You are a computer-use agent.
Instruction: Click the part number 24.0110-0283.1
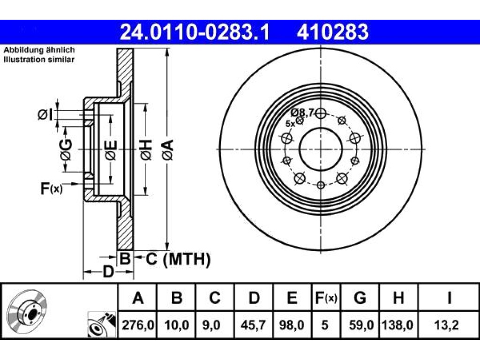tap(195, 32)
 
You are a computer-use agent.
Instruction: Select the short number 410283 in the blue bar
tap(332, 32)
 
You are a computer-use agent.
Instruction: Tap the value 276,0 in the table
tap(138, 325)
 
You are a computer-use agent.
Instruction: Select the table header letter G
tap(360, 297)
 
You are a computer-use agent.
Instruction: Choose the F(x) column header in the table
tap(326, 297)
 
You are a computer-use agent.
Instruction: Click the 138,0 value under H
tap(397, 325)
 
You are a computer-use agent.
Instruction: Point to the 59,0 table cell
tap(361, 325)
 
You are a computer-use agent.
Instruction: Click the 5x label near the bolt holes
tap(290, 124)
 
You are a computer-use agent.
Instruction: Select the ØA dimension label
tap(168, 150)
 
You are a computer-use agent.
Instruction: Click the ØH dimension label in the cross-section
tap(146, 150)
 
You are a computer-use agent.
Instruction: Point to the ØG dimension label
tap(66, 150)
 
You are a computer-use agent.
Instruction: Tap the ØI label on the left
tap(45, 114)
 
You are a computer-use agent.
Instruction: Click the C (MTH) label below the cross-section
tap(178, 259)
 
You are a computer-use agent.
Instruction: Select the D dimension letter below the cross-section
tap(108, 271)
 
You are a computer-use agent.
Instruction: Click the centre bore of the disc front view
tap(320, 150)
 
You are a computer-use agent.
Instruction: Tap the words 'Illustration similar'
tap(39, 60)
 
